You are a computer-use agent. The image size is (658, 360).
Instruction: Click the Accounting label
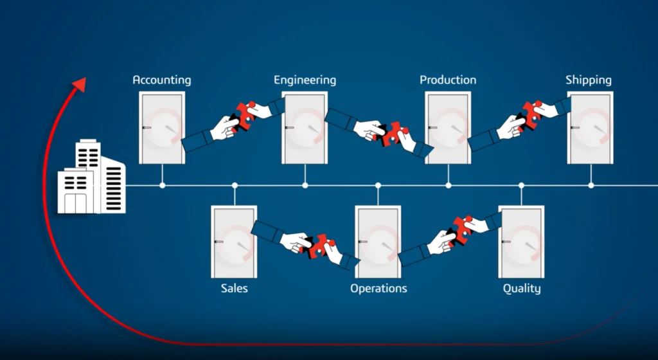coord(161,80)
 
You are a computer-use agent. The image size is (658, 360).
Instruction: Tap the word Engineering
coord(305,80)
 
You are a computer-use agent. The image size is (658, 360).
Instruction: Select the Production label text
coord(448,80)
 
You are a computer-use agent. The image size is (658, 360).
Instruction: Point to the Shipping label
coord(589,80)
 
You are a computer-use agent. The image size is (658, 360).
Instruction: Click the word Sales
coord(234,288)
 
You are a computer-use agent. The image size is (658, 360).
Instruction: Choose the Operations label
coord(378,289)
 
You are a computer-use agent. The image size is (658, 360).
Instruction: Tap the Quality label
coord(522,289)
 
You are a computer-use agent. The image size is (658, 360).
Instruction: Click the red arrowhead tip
coord(85,78)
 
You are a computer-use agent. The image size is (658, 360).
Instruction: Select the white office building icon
coord(91,177)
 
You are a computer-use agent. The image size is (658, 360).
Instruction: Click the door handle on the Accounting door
coord(147,127)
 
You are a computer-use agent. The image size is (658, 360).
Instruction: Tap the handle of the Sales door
coord(218,242)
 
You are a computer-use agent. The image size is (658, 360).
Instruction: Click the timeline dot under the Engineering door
coord(305,185)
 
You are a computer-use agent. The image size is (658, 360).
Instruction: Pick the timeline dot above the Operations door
coord(378,185)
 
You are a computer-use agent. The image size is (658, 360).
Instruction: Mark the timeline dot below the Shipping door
coord(591,185)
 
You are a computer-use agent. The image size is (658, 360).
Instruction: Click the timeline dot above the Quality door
coord(521,185)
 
